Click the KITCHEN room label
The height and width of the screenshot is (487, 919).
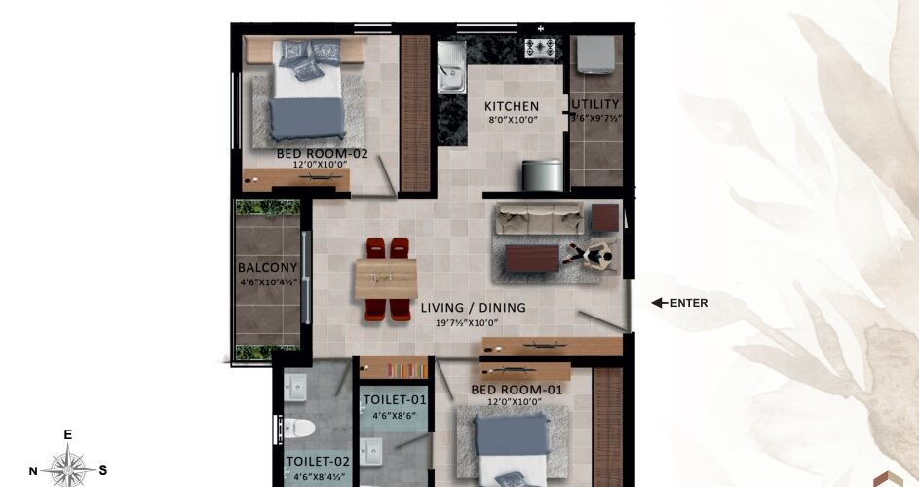pyautogui.click(x=511, y=107)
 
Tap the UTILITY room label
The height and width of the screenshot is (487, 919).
pyautogui.click(x=595, y=104)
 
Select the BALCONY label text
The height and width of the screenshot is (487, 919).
pyautogui.click(x=267, y=267)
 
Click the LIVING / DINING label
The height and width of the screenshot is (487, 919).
pyautogui.click(x=473, y=307)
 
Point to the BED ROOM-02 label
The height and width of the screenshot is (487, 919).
pyautogui.click(x=322, y=154)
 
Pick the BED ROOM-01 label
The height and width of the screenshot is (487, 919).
pyautogui.click(x=517, y=390)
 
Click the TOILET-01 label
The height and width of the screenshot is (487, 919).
pyautogui.click(x=395, y=400)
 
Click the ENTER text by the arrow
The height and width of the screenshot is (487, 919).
pyautogui.click(x=689, y=303)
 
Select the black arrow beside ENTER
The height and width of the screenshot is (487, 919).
pyautogui.click(x=660, y=303)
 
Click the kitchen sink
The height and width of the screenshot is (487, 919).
pyautogui.click(x=451, y=66)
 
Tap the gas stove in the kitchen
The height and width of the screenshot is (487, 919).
pyautogui.click(x=539, y=48)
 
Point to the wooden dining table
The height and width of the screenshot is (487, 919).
pyautogui.click(x=386, y=279)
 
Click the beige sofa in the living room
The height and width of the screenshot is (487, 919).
pyautogui.click(x=539, y=218)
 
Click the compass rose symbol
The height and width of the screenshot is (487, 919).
pyautogui.click(x=68, y=469)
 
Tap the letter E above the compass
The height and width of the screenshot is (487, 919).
pyautogui.click(x=68, y=434)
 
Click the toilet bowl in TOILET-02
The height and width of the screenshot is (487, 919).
pyautogui.click(x=298, y=429)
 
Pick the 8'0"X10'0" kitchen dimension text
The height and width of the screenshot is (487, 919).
pyautogui.click(x=514, y=120)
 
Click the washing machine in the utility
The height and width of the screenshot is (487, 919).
pyautogui.click(x=596, y=55)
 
